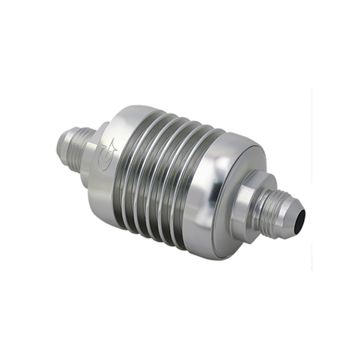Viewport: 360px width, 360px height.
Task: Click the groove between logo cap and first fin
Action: [123, 157]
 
